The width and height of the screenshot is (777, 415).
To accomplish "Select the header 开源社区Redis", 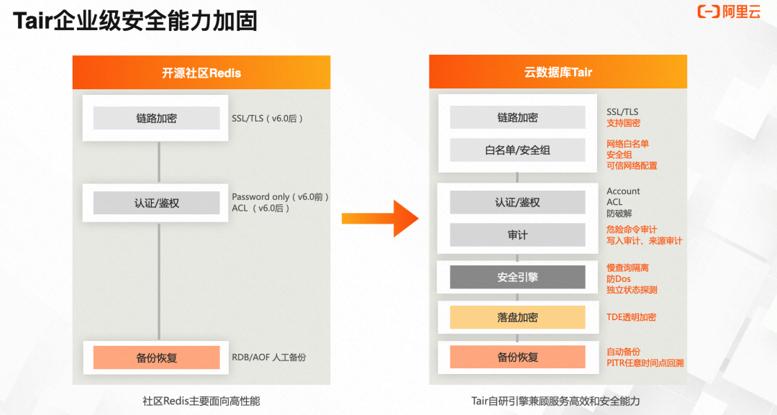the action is [x=201, y=73].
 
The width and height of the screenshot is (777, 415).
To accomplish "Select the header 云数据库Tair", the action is [x=558, y=73].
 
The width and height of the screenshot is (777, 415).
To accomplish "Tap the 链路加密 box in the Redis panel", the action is [x=156, y=118].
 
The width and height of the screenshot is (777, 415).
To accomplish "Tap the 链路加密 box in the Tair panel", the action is [x=517, y=117].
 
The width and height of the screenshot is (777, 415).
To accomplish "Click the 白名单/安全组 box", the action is [x=517, y=150].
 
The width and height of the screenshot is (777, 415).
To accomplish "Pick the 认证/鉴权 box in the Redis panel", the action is [x=156, y=203].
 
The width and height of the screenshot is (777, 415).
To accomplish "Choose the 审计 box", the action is [x=517, y=235].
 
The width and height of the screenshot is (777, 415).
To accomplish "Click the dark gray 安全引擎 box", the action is [x=517, y=277].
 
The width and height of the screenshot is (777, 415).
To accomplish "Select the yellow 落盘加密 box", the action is [x=517, y=317].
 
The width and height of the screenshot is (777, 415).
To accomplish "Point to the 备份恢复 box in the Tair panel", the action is [x=517, y=357].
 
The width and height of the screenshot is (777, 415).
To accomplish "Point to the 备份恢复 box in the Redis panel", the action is [x=156, y=357].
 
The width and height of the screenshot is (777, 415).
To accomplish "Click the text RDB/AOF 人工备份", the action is [x=269, y=357].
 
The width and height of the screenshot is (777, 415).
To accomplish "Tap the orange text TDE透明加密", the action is [x=631, y=317].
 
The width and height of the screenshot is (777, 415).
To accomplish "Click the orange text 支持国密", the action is [x=623, y=123].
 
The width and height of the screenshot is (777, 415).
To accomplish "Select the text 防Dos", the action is [x=618, y=279].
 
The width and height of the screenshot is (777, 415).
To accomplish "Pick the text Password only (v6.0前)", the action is [x=280, y=197].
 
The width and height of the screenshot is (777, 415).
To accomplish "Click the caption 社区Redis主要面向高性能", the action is [x=201, y=401].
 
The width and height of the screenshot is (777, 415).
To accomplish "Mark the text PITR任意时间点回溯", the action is [x=645, y=363].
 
